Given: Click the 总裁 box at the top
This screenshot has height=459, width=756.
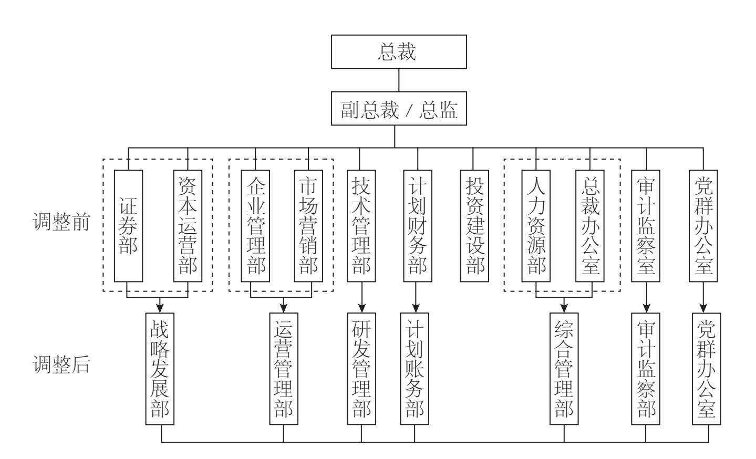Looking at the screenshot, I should pos(399,51).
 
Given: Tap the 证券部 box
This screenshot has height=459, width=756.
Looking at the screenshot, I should pos(128,226).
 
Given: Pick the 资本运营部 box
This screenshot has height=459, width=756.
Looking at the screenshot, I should pos(188,226).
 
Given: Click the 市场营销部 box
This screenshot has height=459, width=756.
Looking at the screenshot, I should pos(308,226).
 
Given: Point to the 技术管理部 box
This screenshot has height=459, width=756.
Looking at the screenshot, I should pos(361,226).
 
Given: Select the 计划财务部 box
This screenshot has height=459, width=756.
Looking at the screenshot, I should pos(418,226).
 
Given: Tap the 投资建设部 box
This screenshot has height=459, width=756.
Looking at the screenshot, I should pos(474,226).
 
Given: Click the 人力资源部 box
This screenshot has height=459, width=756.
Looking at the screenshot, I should pos(536,226).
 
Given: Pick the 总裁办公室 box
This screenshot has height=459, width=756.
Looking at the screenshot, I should pos(590,226).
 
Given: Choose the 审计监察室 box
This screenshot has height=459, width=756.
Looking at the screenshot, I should pos(646,226).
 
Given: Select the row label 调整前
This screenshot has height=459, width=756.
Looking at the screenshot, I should pos(61,222).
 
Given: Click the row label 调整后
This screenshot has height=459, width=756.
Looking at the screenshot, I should pos(61,364).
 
